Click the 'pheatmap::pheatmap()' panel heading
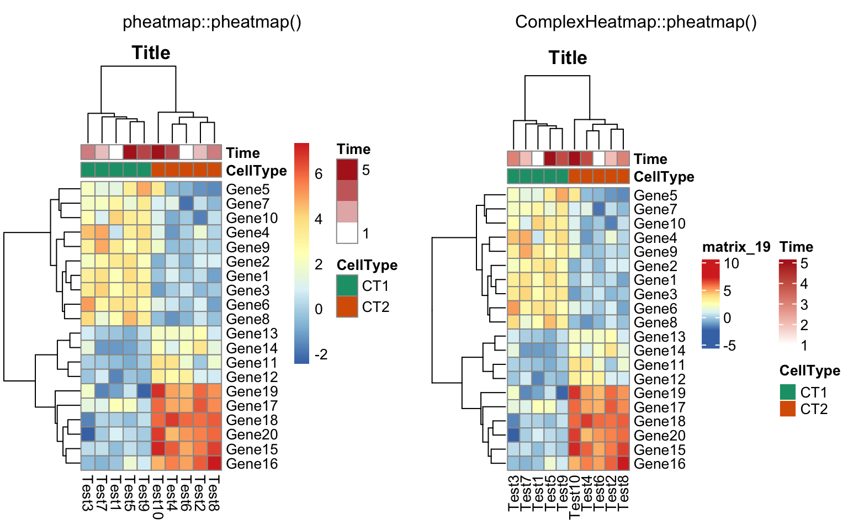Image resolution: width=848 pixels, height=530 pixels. coord(212,22)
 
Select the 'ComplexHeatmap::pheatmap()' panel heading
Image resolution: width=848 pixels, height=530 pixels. coord(636,22)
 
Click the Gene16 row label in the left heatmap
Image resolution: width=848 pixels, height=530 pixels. coord(252,464)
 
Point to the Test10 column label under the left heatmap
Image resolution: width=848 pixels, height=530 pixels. coord(157,497)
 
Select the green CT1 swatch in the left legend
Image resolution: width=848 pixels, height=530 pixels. coord(347,285)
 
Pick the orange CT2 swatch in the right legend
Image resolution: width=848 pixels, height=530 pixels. coord(787,409)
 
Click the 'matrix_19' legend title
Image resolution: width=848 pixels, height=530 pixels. coord(736,247)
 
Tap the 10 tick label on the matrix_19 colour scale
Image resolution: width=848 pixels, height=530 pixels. coord(732,263)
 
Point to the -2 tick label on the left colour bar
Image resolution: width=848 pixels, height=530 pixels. coord(321,354)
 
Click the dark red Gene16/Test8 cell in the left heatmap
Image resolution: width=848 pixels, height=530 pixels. coord(214,463)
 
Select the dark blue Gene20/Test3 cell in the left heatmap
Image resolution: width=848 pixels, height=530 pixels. coord(88,434)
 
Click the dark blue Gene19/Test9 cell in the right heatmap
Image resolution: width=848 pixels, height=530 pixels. coord(562,393)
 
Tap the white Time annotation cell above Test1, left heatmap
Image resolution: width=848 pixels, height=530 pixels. coord(116,152)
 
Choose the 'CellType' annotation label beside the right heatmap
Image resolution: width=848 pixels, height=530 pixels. coord(664,177)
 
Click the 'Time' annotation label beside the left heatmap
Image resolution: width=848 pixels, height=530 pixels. coord(243,153)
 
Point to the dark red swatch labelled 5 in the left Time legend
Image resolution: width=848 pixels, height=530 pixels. coord(347,169)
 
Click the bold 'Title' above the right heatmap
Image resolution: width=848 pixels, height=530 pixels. coord(568,58)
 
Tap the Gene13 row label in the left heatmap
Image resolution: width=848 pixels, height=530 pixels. coord(252,333)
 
